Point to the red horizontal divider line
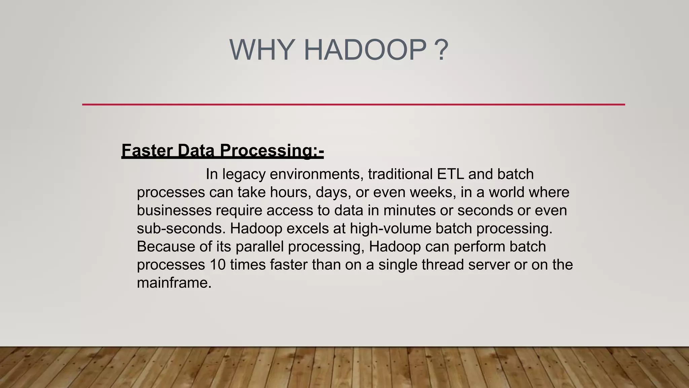click(353, 104)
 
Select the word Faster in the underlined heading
click(147, 150)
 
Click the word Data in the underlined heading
click(196, 150)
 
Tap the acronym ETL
click(450, 174)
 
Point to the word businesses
click(174, 211)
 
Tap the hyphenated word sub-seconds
click(181, 229)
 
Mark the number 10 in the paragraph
click(218, 265)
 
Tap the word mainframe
click(174, 283)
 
